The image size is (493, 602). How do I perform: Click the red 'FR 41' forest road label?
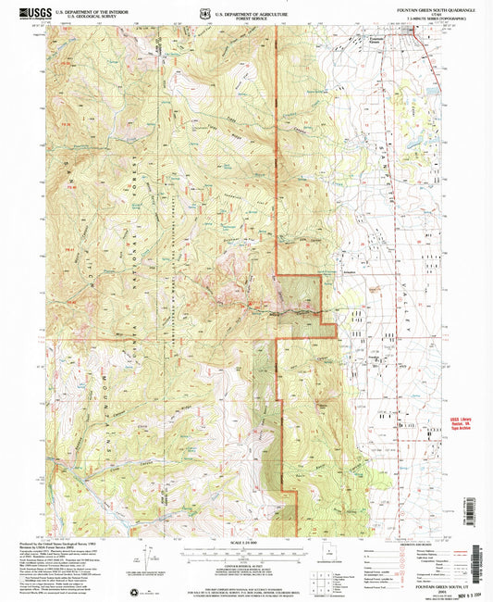pos(71,248)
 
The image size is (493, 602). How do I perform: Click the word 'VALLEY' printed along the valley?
pos(404,311)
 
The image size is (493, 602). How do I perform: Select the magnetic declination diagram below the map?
pos(145,557)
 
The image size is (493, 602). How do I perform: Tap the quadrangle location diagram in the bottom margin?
pos(331,558)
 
